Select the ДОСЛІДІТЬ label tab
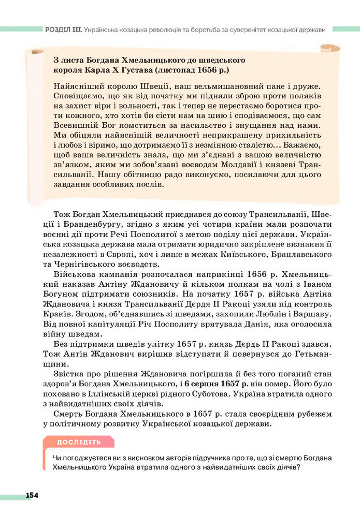click(79, 442)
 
